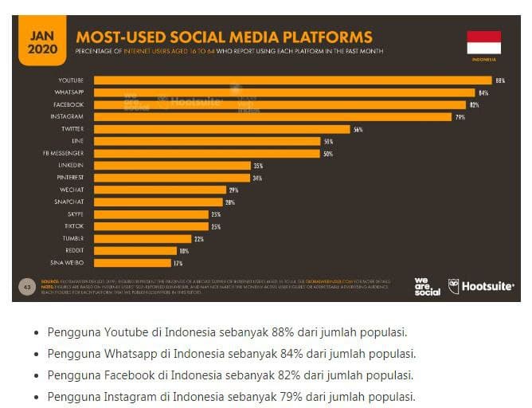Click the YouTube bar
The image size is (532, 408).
292,80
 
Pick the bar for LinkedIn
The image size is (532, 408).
171,165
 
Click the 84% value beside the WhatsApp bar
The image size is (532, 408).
483,92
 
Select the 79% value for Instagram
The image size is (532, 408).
460,117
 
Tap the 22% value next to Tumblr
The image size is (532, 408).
198,238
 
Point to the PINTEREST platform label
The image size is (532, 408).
69,177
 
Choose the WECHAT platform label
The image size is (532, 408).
72,190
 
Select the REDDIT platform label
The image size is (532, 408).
73,250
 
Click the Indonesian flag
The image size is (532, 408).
483,42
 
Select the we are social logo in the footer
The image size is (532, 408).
427,286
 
